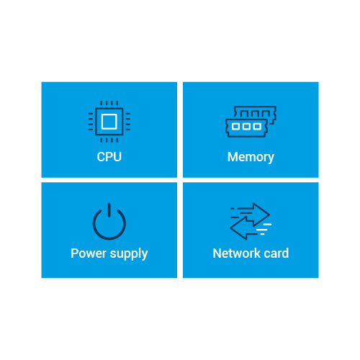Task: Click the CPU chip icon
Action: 109,122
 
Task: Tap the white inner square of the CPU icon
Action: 109,122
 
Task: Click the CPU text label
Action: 109,157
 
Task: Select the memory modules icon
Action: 251,122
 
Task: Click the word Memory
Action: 251,158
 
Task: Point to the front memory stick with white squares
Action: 246,128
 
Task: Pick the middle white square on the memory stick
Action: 246,127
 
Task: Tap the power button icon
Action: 109,221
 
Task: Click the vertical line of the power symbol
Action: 109,210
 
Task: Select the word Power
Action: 89,253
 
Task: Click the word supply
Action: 129,254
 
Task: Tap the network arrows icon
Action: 251,221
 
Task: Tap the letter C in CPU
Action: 101,157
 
